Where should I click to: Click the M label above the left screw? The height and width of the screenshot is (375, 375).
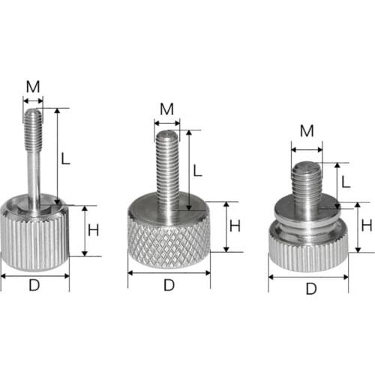pos(32,86)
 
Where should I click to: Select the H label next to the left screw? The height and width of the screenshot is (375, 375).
pos(93,230)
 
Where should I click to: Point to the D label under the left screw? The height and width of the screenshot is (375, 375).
pos(34,286)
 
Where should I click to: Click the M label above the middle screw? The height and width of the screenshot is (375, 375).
pos(166,109)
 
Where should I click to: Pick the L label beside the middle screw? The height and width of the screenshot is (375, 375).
pos(198,170)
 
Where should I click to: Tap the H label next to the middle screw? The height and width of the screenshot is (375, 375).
pos(235,225)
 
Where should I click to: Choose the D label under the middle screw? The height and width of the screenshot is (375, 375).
pos(169,285)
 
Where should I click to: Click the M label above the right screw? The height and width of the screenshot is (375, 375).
pos(307,132)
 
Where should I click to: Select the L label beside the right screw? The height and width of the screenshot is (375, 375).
pos(345,182)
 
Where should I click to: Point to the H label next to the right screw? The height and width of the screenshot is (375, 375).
pos(367,226)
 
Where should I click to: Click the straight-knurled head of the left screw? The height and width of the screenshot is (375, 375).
pos(34,240)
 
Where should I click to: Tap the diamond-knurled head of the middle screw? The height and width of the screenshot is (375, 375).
pos(169,244)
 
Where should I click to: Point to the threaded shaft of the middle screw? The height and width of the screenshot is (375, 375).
pos(168,169)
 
